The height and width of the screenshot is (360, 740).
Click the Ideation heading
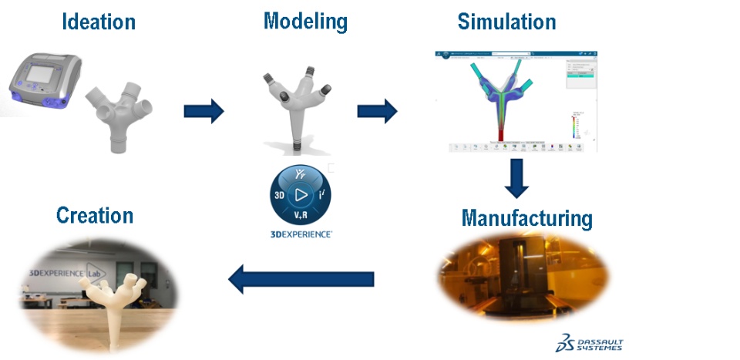click(x=98, y=22)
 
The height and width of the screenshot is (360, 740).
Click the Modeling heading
click(x=305, y=21)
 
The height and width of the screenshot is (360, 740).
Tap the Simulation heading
click(x=506, y=22)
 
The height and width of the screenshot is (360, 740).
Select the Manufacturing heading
click(x=527, y=218)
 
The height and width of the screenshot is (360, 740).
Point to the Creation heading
click(x=95, y=215)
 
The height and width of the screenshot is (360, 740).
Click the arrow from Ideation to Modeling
click(x=203, y=111)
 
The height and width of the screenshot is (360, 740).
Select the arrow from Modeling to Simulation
click(x=377, y=111)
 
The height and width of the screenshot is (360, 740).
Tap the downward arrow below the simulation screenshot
click(x=515, y=178)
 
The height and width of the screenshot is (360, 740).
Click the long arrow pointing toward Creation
click(x=301, y=278)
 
